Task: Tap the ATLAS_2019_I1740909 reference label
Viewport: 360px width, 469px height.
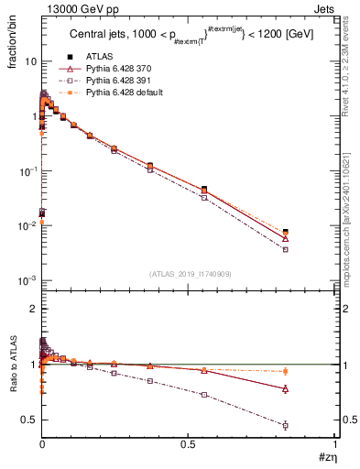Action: [x=190, y=272]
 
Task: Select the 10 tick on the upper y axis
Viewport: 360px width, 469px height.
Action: [x=32, y=61]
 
